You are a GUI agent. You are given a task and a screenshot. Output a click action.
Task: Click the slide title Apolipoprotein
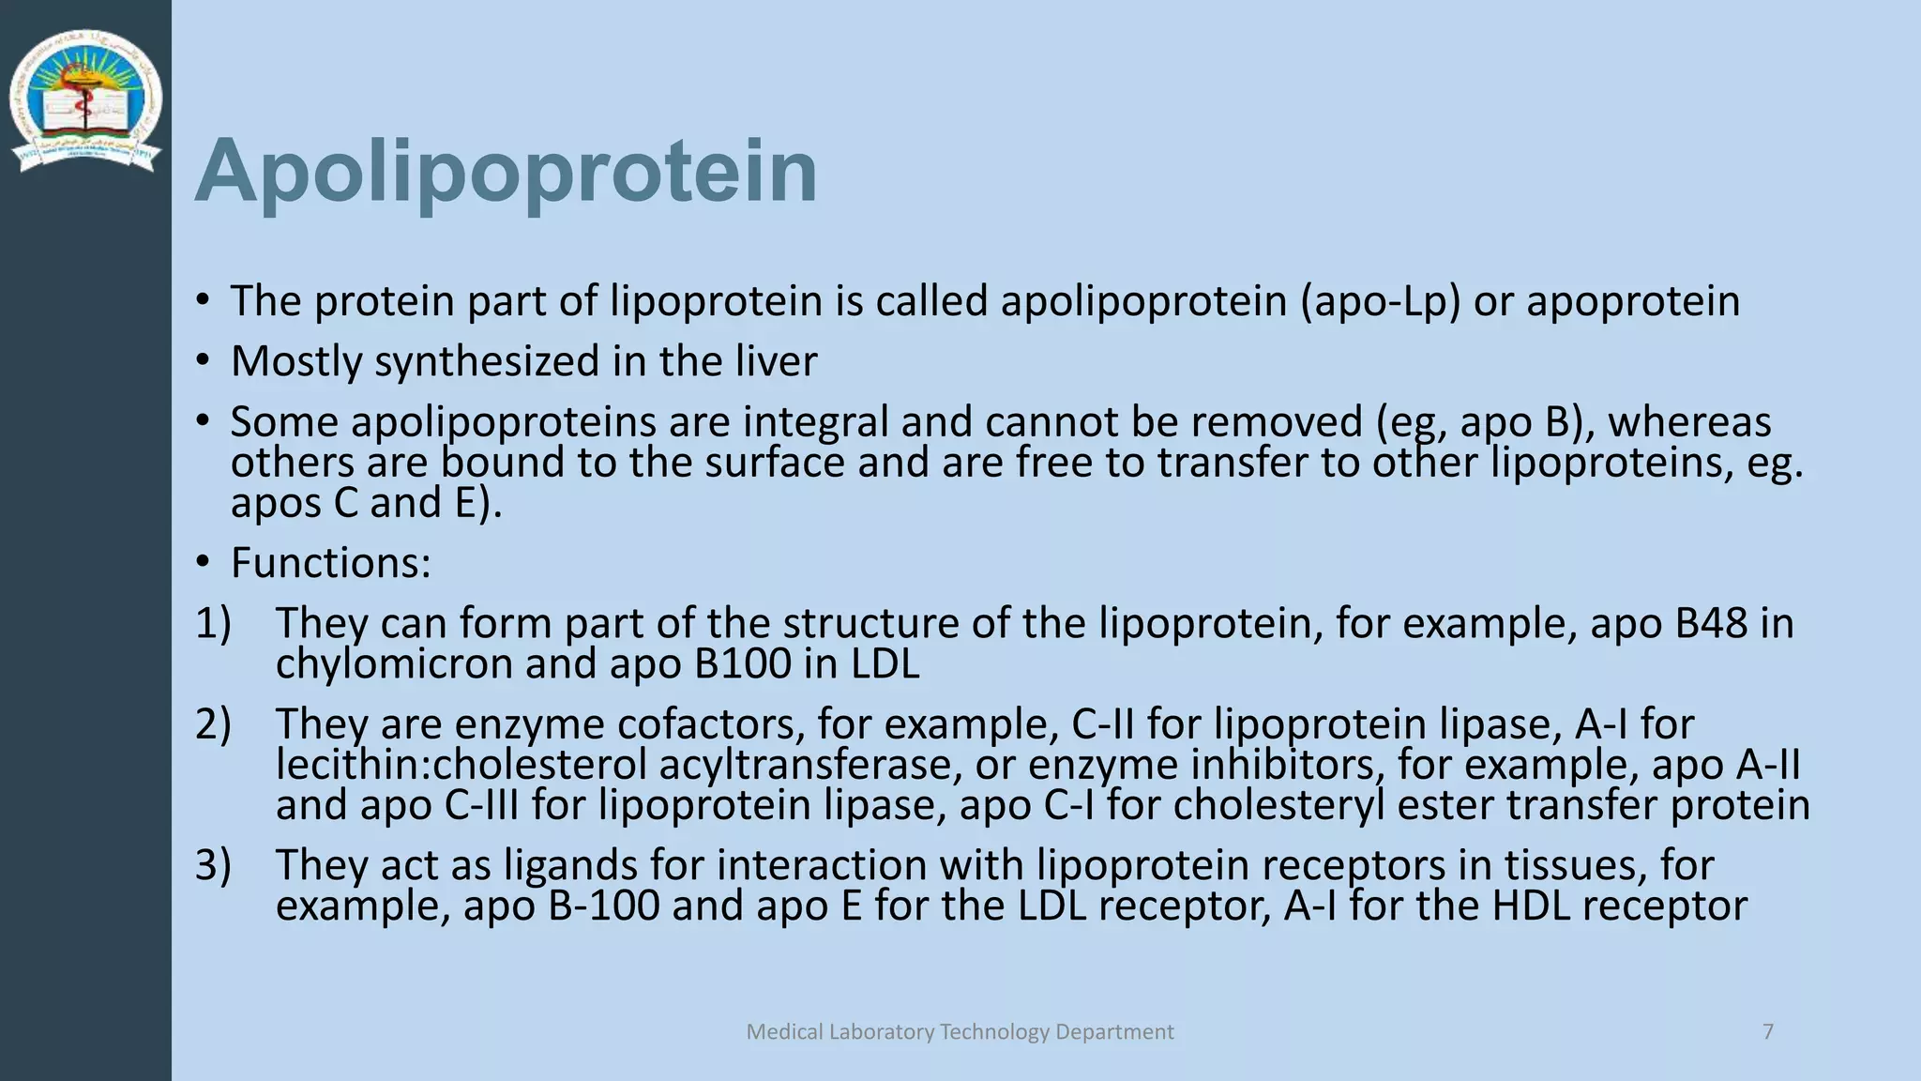pos(507,172)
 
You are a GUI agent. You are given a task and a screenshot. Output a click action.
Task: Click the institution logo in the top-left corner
pos(85,100)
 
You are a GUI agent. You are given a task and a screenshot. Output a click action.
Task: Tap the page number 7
pos(1768,1031)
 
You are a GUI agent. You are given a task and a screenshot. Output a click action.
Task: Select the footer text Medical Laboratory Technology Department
pos(960,1031)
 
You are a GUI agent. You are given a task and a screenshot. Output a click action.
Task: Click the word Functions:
pos(330,563)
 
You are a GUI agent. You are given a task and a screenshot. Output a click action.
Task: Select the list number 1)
pos(213,624)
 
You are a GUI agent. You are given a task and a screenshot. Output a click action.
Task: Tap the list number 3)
pos(213,865)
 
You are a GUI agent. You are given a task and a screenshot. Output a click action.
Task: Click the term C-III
pos(481,806)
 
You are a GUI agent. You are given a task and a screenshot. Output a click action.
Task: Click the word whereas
pos(1689,423)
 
